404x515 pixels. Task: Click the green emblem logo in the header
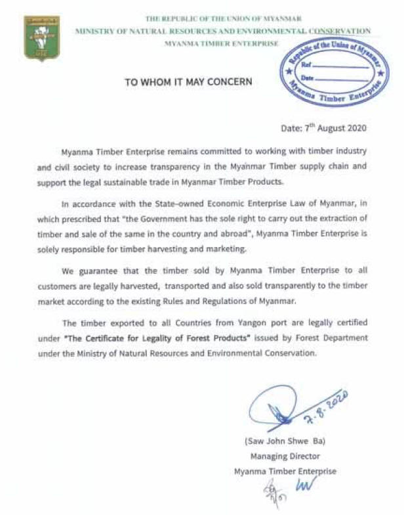pos(41,37)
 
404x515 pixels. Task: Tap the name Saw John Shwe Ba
pos(284,439)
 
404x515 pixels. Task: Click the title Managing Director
pos(284,455)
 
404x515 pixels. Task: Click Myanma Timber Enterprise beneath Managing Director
pos(285,471)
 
